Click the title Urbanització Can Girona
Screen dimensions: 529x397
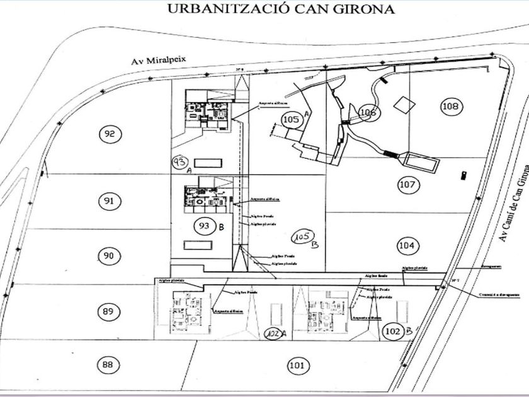(x=280, y=9)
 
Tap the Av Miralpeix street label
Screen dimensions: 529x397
(x=161, y=60)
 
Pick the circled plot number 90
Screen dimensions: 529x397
(x=109, y=255)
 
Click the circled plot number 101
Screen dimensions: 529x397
(x=295, y=365)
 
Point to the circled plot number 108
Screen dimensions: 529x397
(x=450, y=106)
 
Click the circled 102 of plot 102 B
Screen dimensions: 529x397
(x=393, y=330)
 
